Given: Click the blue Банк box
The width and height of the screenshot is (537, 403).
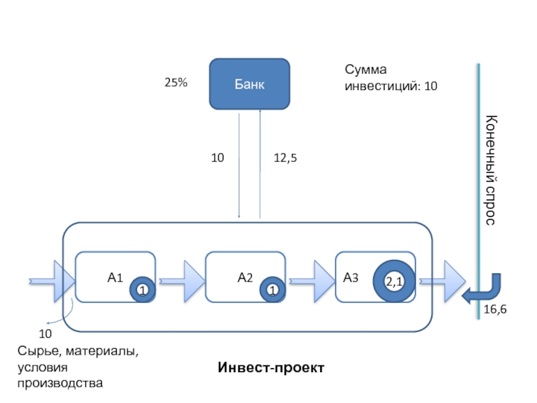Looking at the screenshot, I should [250, 84].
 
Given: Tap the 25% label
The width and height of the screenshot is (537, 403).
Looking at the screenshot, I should [176, 83].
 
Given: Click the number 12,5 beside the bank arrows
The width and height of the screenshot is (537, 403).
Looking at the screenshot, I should [285, 159].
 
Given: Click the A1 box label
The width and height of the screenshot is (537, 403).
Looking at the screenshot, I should [115, 276].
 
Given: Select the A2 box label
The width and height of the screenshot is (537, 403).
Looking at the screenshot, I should [245, 276].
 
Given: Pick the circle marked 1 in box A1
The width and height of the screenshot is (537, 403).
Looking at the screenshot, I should [142, 289].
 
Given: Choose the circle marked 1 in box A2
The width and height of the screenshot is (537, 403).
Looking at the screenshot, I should [273, 289].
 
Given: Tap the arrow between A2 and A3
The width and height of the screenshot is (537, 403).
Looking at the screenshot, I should [313, 277].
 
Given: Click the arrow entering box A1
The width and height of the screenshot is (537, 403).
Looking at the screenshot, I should [52, 277].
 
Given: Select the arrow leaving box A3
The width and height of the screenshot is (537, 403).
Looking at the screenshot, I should [443, 277].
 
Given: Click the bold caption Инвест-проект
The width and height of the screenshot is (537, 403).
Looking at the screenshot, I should [271, 368].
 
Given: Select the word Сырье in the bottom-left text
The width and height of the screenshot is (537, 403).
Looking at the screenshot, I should [35, 351].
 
